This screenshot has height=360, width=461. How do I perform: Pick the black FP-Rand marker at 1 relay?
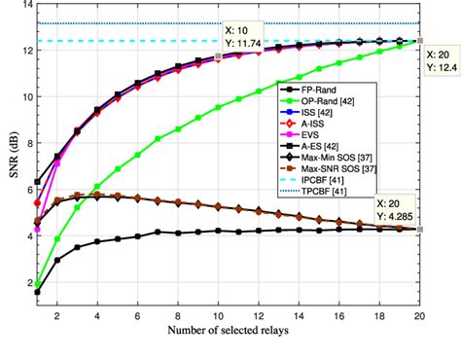37,292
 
